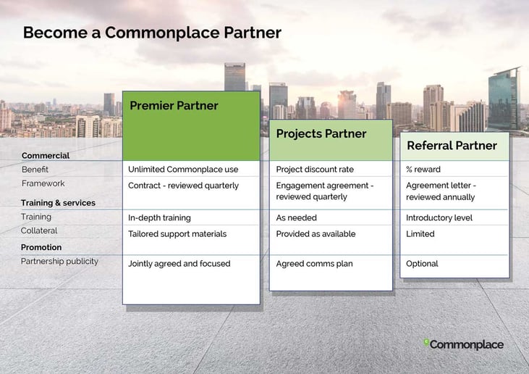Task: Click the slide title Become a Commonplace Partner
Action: [x=152, y=33]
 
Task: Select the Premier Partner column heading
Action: [x=174, y=105]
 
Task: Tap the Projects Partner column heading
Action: [x=321, y=134]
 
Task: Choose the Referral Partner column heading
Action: [x=452, y=146]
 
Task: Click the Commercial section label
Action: [x=46, y=156]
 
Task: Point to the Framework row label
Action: [x=43, y=183]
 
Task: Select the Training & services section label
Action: [x=58, y=203]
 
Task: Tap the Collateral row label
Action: [x=39, y=230]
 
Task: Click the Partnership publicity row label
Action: [x=60, y=262]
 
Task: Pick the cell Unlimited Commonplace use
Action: [x=183, y=170]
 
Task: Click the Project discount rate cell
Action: [x=315, y=170]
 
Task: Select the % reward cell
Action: [x=423, y=170]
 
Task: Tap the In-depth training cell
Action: [x=159, y=218]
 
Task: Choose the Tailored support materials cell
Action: [x=177, y=234]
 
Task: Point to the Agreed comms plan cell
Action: [x=314, y=264]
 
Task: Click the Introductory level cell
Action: [x=439, y=218]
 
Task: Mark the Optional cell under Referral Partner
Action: [x=422, y=264]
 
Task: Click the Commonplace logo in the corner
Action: [x=464, y=344]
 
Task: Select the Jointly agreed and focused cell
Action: [x=179, y=264]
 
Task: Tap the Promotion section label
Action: [x=41, y=247]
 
